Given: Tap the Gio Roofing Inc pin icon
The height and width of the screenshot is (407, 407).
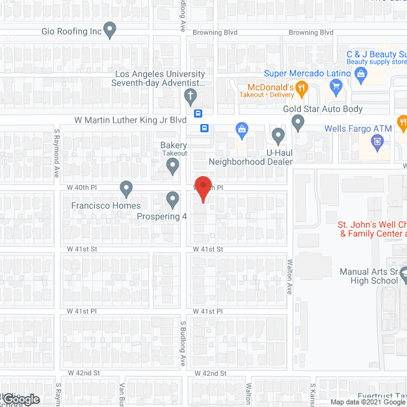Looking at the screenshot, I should click(x=110, y=29).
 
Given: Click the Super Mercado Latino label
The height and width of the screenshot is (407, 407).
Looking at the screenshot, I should click(x=308, y=73).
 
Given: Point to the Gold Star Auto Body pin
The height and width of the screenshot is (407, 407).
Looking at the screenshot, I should click(x=298, y=123).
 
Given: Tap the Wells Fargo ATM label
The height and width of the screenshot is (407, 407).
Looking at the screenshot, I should click(x=358, y=128).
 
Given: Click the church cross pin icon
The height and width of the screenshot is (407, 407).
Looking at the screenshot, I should click(x=190, y=97).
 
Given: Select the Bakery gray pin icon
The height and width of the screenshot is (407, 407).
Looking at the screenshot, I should click(x=172, y=167).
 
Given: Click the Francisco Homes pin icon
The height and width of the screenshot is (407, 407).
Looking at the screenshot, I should click(x=126, y=189).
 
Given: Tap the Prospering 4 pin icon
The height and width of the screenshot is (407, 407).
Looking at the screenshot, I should click(x=172, y=200).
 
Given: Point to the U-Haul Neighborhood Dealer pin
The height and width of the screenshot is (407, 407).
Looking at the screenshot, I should click(x=278, y=135).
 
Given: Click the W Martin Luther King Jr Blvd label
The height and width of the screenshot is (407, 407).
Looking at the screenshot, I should click(x=130, y=120).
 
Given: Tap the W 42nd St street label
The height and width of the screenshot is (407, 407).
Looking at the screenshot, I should click(x=210, y=373).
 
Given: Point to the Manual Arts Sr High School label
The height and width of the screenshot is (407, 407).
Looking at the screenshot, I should click(x=368, y=276).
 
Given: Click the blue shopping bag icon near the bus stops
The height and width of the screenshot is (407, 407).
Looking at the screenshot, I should click(x=242, y=130).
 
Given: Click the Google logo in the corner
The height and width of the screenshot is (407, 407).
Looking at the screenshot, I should click(x=20, y=399).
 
